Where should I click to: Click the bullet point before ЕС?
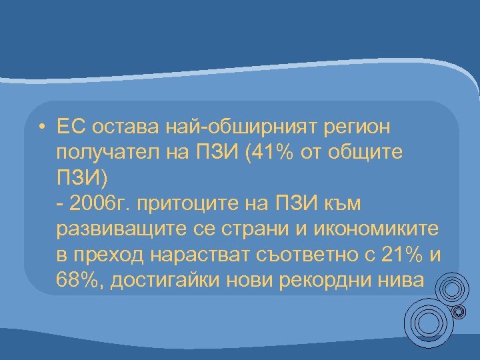(x=41, y=127)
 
